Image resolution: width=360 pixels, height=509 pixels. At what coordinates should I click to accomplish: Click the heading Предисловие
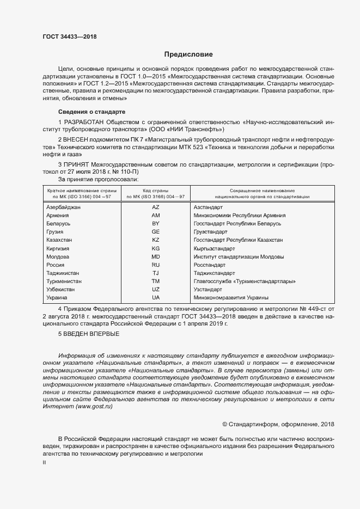(188, 54)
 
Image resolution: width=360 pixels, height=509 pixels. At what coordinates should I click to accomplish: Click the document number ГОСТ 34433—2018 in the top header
(69, 36)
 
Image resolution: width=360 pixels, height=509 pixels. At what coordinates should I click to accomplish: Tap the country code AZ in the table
(155, 207)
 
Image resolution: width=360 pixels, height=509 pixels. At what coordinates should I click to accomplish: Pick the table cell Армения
(58, 216)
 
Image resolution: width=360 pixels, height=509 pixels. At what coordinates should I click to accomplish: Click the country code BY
(155, 224)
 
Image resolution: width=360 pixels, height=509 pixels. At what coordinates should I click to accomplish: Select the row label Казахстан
(59, 240)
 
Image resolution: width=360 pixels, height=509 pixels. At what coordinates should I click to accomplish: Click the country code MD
(155, 256)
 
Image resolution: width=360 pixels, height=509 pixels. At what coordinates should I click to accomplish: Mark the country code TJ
(155, 273)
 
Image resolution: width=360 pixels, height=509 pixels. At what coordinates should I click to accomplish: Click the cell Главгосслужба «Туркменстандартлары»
(245, 281)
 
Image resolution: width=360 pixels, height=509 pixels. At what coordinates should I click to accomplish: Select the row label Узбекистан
(60, 290)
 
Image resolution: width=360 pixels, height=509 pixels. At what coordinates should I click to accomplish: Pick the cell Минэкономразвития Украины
(231, 298)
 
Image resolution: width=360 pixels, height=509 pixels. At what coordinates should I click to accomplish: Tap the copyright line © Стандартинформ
(279, 424)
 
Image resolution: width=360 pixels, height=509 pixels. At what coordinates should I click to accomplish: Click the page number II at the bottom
(45, 463)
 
